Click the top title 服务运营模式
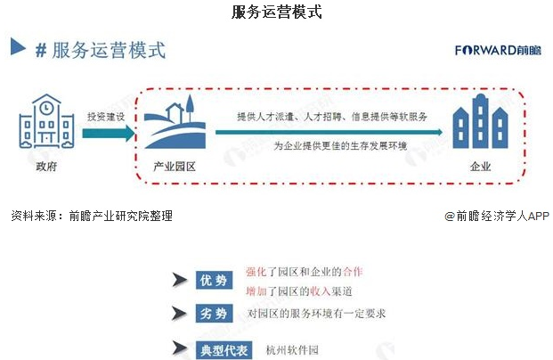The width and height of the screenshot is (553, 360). [x=276, y=12]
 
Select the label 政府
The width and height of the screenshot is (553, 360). [x=46, y=166]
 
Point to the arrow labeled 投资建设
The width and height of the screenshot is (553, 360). [x=106, y=134]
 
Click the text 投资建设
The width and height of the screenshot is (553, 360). [x=105, y=117]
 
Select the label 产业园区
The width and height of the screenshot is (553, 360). [x=174, y=166]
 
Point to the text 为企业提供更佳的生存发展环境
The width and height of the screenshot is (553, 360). [x=339, y=146]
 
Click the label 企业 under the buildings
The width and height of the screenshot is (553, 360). [x=480, y=166]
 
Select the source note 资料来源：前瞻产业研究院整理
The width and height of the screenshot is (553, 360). [x=91, y=216]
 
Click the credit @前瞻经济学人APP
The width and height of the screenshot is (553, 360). [x=497, y=216]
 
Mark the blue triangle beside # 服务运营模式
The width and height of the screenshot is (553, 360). [x=18, y=46]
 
